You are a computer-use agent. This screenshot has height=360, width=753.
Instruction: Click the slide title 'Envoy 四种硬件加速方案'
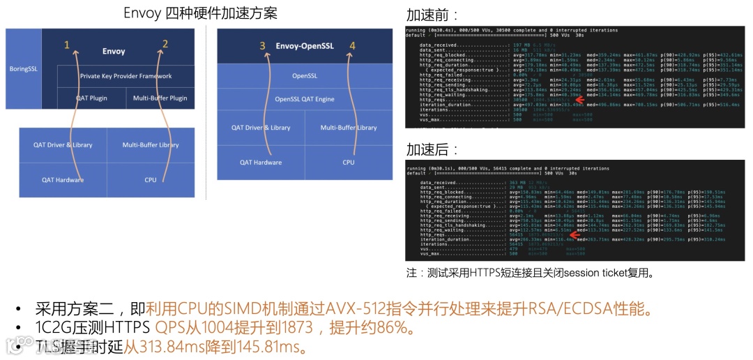[200, 13]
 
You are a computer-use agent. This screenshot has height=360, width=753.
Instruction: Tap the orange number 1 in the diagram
[67, 45]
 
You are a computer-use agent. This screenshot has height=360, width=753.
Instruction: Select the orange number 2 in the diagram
[165, 44]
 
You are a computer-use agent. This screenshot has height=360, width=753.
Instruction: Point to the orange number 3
[263, 46]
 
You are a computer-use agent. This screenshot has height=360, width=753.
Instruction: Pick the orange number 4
[352, 46]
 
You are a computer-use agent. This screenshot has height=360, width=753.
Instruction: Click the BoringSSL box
[27, 68]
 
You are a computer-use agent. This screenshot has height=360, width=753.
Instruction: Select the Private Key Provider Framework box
[125, 76]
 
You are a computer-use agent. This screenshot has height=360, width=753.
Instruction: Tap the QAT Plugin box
[91, 98]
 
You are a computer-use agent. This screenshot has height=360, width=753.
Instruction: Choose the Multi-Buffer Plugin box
[160, 98]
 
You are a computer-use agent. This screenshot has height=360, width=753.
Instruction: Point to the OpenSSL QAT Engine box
[305, 99]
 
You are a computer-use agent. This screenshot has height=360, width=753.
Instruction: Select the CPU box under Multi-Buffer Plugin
[151, 180]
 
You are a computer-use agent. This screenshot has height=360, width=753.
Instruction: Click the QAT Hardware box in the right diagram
[261, 163]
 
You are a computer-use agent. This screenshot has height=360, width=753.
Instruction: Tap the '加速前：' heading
[432, 15]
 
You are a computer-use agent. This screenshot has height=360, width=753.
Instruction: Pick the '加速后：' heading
[432, 149]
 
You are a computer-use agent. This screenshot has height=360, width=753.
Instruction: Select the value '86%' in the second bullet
[383, 328]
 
